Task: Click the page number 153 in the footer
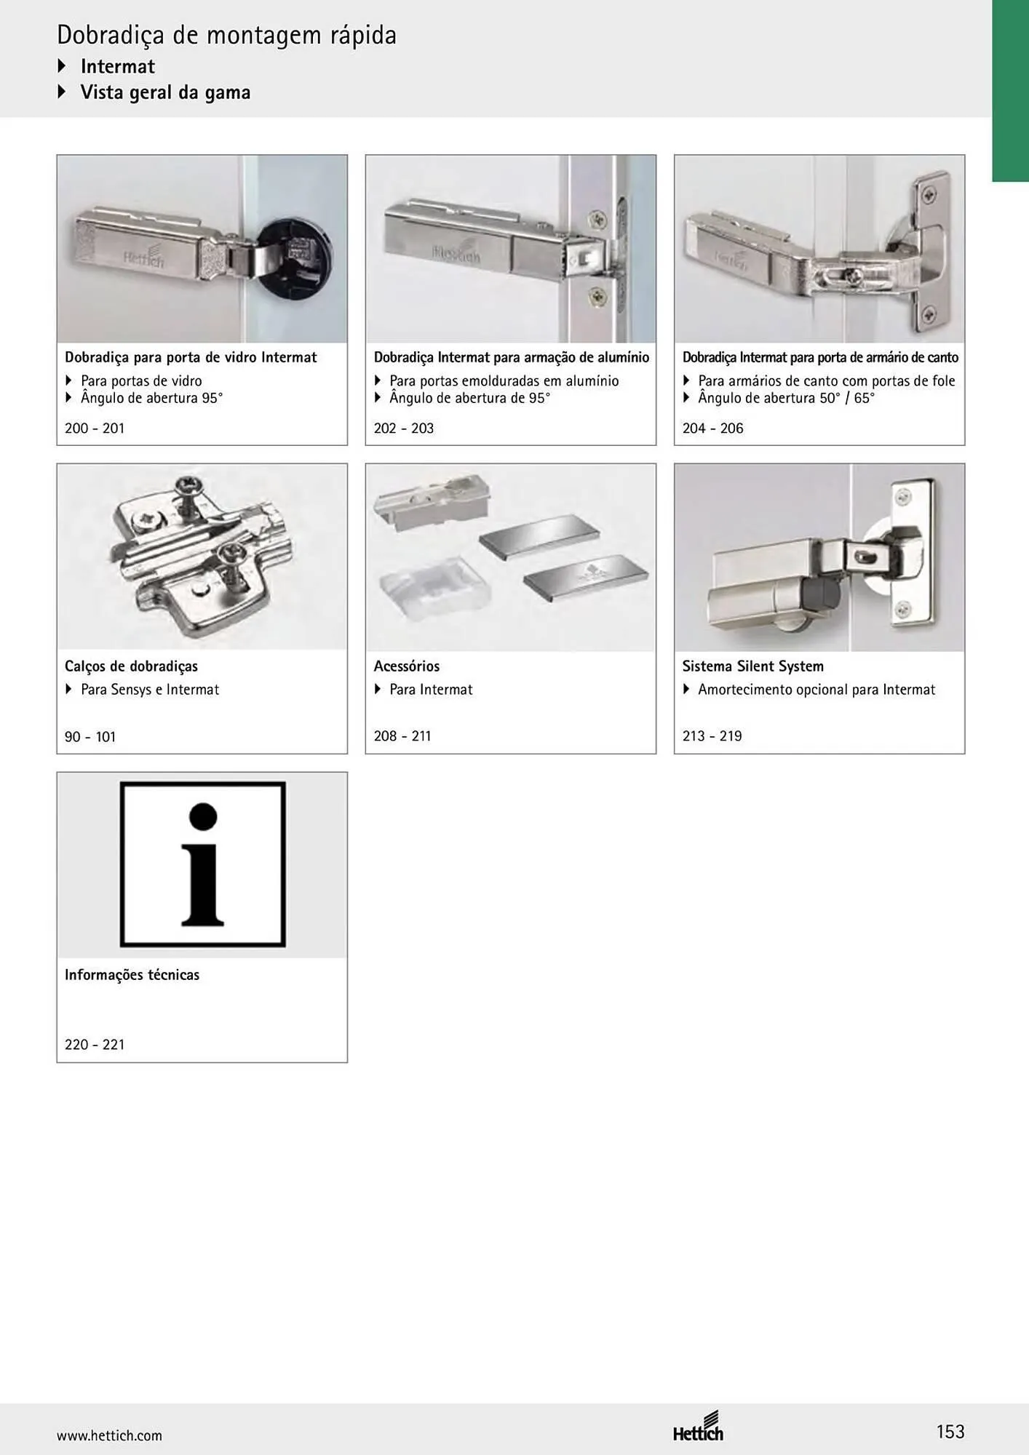click(x=950, y=1432)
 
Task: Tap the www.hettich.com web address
click(x=109, y=1435)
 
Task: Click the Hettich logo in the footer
click(x=698, y=1426)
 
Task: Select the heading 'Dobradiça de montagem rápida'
click(x=226, y=35)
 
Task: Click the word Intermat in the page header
click(x=118, y=66)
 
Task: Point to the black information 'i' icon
click(x=202, y=864)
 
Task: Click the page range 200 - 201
click(x=95, y=428)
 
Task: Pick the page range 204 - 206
click(x=712, y=428)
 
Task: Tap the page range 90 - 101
click(x=90, y=736)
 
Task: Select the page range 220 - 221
click(x=95, y=1044)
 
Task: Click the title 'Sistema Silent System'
click(x=753, y=666)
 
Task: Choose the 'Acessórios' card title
click(x=407, y=666)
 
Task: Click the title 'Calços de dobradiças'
click(x=131, y=666)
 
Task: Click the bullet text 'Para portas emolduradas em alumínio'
click(x=504, y=380)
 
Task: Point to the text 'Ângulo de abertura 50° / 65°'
click(x=786, y=398)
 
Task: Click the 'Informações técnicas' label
click(x=132, y=975)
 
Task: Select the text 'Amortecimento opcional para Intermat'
click(x=817, y=689)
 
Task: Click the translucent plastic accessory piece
click(x=425, y=586)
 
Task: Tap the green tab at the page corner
click(x=1010, y=90)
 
